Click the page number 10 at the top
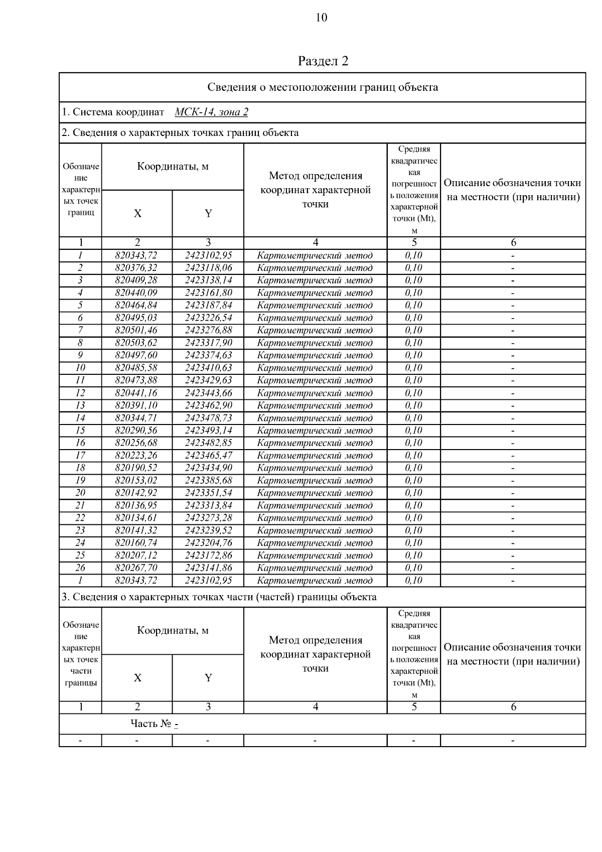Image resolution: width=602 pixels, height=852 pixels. pos(322,18)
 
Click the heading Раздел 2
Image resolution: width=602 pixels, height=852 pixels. pos(323,61)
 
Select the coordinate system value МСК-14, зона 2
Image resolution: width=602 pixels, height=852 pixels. pos(211,112)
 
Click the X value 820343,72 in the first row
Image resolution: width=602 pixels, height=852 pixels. pos(136,255)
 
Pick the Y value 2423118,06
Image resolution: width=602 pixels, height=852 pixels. pos(208,268)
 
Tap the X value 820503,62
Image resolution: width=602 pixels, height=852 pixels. pos(136,343)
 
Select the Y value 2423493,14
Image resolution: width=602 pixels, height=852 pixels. pos(208,431)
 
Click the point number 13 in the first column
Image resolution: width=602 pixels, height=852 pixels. pos(80,405)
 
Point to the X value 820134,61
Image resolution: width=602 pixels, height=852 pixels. pos(136,518)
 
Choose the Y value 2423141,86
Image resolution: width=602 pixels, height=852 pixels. pos(208,568)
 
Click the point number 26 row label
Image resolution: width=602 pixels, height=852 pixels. pos(80,568)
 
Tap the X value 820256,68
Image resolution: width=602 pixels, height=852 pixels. pos(136,443)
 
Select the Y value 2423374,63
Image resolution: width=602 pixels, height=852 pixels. pos(208,355)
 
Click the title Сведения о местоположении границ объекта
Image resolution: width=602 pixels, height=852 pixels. pos(323,87)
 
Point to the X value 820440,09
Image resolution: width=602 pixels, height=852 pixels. pos(136,293)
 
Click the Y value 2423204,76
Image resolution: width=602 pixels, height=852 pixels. pos(208,543)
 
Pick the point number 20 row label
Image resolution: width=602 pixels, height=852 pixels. pos(80,493)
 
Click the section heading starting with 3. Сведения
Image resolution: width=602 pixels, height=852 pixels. pos(219,597)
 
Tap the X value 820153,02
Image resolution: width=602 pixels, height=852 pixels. pos(136,480)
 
